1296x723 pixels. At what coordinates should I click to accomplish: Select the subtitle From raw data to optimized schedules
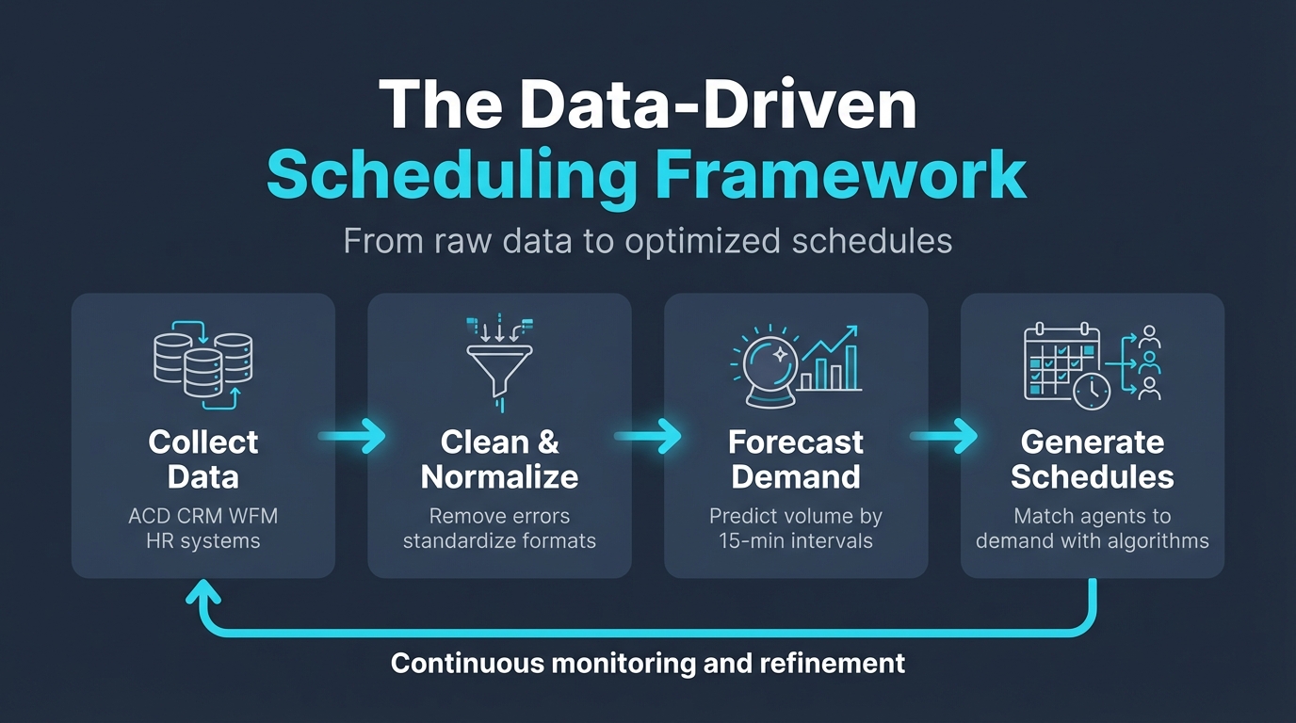[x=647, y=241]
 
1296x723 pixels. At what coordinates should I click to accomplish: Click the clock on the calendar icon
[x=1091, y=391]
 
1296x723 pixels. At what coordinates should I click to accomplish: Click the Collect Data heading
[x=203, y=459]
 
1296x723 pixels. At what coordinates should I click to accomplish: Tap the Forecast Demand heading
[x=796, y=459]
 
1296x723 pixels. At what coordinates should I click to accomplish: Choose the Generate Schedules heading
[x=1093, y=459]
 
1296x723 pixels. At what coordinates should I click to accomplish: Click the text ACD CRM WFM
[x=203, y=516]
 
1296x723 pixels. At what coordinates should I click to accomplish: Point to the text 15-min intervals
[x=796, y=540]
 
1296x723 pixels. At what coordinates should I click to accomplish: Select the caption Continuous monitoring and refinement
[x=648, y=663]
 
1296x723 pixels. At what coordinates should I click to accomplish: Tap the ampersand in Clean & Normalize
[x=548, y=442]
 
